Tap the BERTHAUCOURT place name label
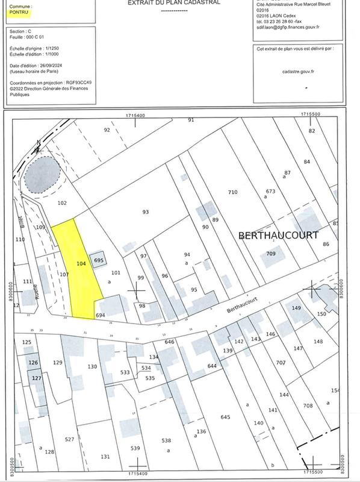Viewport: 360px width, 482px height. (x=278, y=235)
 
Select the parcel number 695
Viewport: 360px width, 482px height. (x=99, y=260)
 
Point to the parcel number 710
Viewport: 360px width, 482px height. (x=233, y=192)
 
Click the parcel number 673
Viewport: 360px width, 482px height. (x=270, y=192)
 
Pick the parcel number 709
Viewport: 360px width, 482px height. (x=271, y=254)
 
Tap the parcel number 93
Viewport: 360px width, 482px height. (x=145, y=211)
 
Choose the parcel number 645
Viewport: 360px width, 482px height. (x=226, y=417)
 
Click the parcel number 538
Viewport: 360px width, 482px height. (x=167, y=440)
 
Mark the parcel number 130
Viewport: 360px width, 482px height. (x=92, y=366)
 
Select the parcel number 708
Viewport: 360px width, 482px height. (x=308, y=406)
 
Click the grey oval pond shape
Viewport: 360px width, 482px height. (x=42, y=172)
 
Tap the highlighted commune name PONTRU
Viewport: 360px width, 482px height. (x=19, y=11)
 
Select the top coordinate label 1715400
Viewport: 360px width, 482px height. (x=136, y=114)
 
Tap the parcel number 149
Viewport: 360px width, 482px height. (x=296, y=308)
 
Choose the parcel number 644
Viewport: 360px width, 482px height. (x=211, y=366)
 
